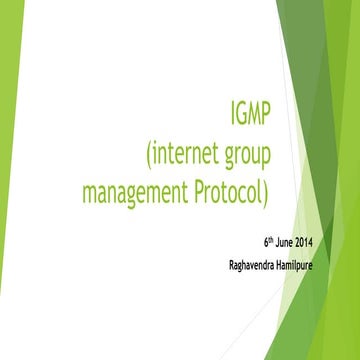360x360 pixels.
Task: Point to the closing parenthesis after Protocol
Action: pyautogui.click(x=267, y=188)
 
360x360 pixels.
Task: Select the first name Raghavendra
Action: pyautogui.click(x=257, y=265)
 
